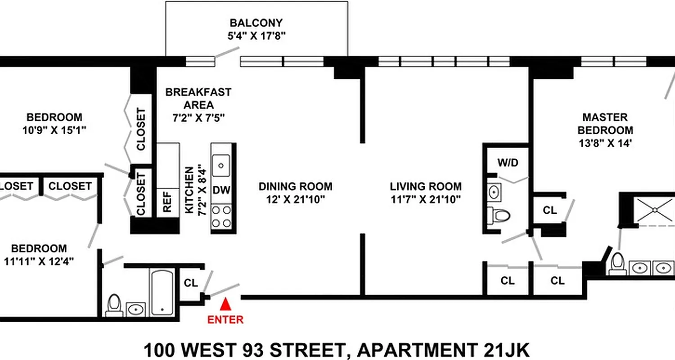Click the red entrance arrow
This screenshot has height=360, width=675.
225,305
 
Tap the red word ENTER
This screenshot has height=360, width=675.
225,320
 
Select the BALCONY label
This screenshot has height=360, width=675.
256,23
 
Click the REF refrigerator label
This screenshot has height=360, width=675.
167,202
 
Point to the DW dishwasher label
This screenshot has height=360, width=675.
221,190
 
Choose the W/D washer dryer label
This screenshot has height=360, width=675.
508,162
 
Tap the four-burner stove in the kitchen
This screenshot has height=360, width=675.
221,216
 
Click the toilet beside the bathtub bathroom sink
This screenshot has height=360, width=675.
114,305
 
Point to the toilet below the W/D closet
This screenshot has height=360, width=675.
500,215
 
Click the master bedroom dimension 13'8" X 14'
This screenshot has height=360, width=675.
605,144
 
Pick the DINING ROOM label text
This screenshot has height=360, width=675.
295,186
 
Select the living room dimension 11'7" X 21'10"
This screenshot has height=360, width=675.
426,199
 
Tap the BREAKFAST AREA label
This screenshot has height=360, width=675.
198,99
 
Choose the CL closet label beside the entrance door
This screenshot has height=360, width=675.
191,283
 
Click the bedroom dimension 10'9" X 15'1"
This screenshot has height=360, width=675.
54,130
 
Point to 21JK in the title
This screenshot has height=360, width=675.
506,350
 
